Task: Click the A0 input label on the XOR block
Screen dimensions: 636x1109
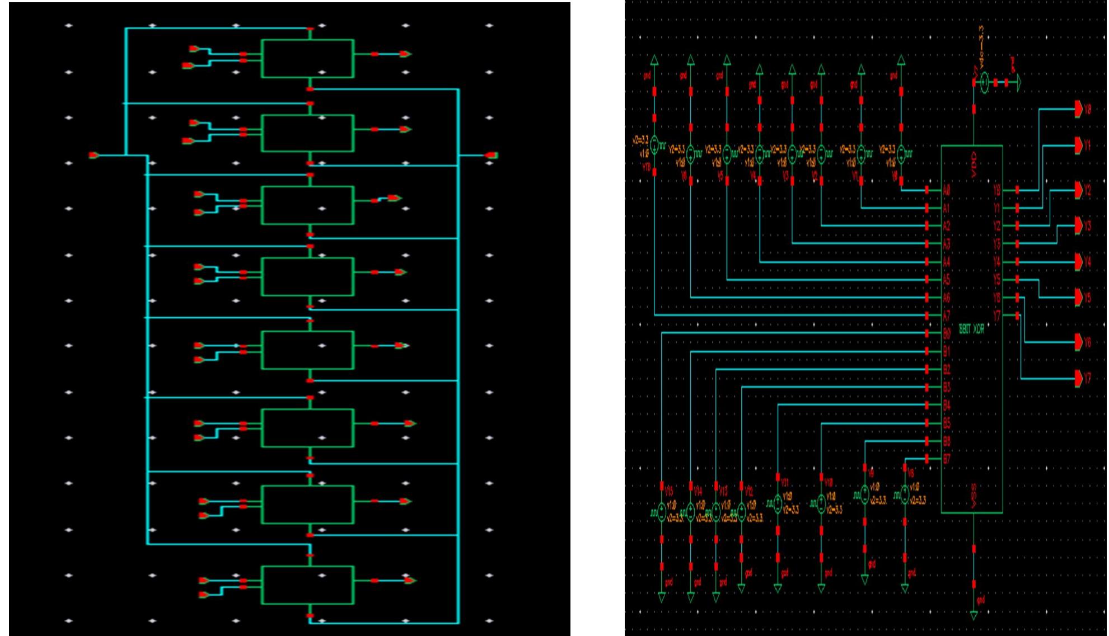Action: [x=947, y=191]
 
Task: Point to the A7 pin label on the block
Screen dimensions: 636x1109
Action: [x=947, y=315]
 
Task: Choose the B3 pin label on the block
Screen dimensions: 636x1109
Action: [x=947, y=387]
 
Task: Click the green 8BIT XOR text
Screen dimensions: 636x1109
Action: [x=972, y=329]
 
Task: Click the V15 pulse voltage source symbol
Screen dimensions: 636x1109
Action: [x=662, y=511]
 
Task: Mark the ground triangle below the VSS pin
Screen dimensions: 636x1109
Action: [x=974, y=615]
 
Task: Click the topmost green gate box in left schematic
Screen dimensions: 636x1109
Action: [x=307, y=58]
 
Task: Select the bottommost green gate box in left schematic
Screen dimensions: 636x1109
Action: [x=307, y=585]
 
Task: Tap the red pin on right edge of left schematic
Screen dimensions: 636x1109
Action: [x=491, y=155]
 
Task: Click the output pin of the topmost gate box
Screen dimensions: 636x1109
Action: [x=405, y=54]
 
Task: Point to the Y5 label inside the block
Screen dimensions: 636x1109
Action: [x=996, y=280]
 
